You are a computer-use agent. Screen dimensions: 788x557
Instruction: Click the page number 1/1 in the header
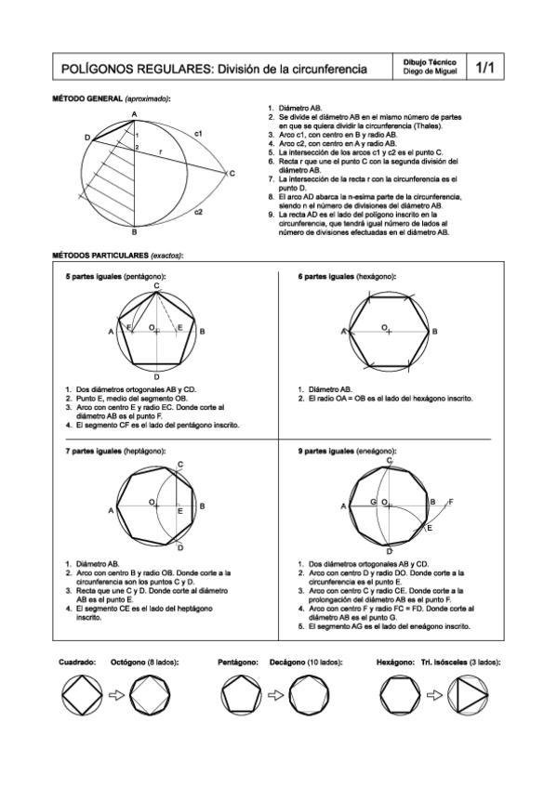point(486,68)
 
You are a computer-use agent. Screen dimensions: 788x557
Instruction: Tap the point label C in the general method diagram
point(232,174)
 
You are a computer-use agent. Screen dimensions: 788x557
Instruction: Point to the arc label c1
point(198,136)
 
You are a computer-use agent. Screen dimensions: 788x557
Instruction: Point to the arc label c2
point(198,212)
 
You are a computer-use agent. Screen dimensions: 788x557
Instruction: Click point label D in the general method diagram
point(87,138)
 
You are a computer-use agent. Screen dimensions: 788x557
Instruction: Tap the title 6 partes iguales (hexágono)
point(348,277)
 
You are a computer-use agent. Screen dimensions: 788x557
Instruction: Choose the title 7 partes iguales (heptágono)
point(117,450)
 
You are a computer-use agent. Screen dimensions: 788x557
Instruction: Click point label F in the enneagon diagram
point(451,502)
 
